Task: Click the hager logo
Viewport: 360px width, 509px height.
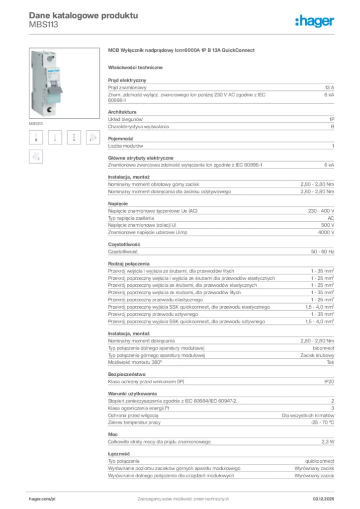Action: (x=315, y=20)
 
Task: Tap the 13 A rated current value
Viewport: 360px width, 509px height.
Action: (x=329, y=87)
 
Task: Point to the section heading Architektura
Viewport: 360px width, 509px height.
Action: (x=122, y=112)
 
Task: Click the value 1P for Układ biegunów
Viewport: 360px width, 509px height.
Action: (x=331, y=119)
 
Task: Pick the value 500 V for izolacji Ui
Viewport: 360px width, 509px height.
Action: (x=327, y=225)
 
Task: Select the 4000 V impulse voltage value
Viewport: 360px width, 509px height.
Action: (x=326, y=233)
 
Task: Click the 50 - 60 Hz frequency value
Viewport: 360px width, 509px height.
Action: (x=322, y=252)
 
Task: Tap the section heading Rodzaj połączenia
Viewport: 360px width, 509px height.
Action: (x=129, y=263)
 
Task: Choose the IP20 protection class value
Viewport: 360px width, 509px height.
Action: (x=329, y=382)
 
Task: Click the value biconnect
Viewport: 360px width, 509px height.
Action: (x=323, y=348)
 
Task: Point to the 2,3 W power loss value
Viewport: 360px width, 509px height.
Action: (x=327, y=441)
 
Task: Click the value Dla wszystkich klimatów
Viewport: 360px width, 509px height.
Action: (x=308, y=415)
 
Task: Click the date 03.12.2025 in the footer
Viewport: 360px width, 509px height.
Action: (x=323, y=499)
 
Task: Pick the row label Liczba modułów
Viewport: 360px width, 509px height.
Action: (x=125, y=146)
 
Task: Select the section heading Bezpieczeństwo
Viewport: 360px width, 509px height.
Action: (x=126, y=374)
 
